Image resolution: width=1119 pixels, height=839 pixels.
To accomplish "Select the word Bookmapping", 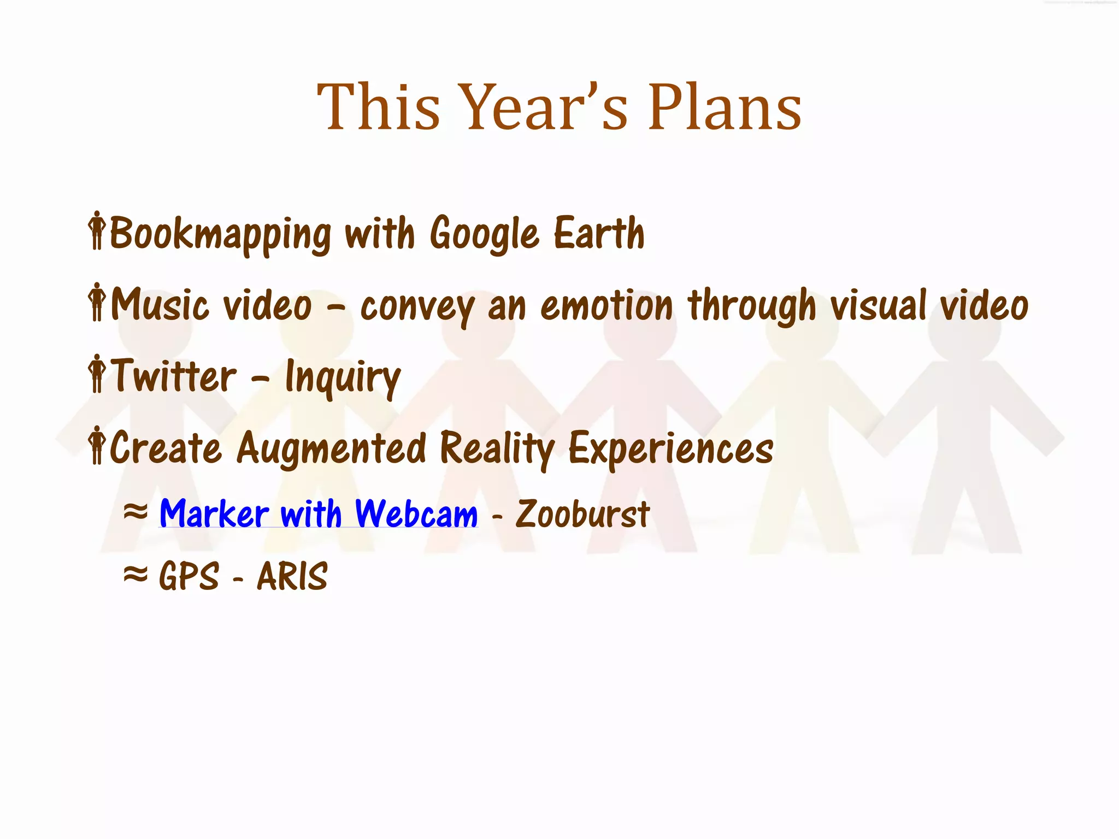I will (x=220, y=234).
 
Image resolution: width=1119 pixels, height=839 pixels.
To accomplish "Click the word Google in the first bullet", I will (x=484, y=234).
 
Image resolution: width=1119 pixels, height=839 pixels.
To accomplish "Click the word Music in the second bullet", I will (x=160, y=305).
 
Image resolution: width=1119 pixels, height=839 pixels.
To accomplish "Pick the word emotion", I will (x=606, y=305).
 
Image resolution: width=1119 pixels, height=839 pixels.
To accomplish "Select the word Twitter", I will (x=174, y=376).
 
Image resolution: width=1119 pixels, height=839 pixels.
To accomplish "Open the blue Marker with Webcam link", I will (x=319, y=514).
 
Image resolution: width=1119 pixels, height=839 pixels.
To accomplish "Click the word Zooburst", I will (x=582, y=514).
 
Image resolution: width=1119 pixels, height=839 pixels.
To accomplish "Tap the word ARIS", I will (x=292, y=576).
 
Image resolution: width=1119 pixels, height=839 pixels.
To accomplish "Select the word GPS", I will (x=189, y=576).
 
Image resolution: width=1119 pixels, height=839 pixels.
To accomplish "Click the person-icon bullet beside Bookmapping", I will (x=97, y=231).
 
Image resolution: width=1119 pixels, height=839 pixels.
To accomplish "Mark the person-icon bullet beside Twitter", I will (x=97, y=374).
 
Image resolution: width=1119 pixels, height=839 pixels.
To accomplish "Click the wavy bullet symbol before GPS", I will (x=135, y=574).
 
